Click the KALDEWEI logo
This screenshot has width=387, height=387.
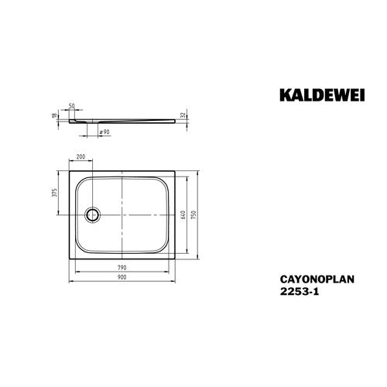pos(322,95)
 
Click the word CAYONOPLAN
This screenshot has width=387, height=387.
pos(317,279)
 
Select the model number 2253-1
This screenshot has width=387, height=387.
pos(300,292)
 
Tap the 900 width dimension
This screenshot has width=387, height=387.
pos(122,277)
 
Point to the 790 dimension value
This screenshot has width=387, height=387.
pos(122,268)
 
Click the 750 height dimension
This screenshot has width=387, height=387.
pos(194,215)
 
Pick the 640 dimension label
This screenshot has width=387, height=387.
pos(183,215)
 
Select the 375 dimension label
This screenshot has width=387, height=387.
pos(54,193)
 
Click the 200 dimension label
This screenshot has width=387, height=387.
pos(80,156)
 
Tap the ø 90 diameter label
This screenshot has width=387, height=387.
pos(104,132)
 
